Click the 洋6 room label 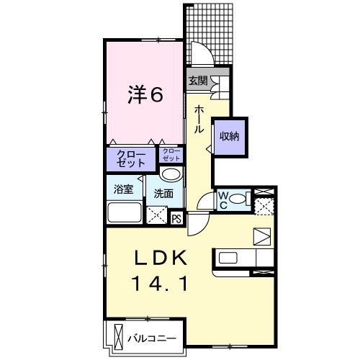[145, 94]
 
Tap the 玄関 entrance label [197, 81]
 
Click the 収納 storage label [230, 136]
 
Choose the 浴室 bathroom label [123, 190]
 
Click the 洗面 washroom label [163, 193]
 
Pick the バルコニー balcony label [152, 337]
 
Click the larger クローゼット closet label [130, 158]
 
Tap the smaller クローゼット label [171, 154]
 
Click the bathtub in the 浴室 [125, 212]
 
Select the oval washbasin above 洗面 [170, 175]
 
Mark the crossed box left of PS [156, 215]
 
